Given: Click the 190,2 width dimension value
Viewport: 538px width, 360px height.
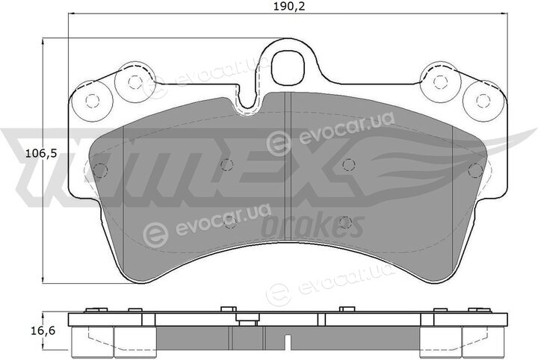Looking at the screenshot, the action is (289, 6).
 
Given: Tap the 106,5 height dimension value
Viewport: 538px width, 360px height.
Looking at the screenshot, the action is (41, 155).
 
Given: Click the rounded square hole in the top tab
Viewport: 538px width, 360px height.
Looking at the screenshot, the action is (288, 67).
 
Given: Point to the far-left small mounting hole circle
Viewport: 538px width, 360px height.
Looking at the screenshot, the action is (93, 101).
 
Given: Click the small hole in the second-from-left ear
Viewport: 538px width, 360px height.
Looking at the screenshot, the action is (134, 82).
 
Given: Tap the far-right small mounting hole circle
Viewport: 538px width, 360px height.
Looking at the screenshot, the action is (483, 100).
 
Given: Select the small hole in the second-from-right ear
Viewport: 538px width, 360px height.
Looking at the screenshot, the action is (440, 81).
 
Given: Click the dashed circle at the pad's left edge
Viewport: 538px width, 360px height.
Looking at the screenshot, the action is (100, 170).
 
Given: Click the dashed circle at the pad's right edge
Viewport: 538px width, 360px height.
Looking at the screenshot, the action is (475, 170).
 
